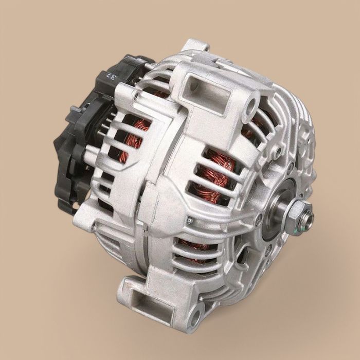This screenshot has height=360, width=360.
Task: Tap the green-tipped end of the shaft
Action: tap(309, 220)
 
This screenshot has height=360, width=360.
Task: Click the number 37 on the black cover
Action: tap(110, 78)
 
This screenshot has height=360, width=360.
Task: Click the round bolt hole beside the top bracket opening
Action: tap(253, 109)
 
